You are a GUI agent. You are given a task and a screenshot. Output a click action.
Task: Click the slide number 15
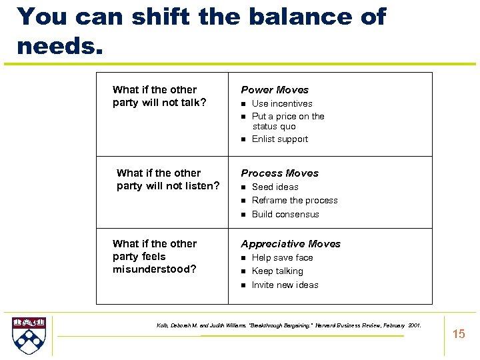459,334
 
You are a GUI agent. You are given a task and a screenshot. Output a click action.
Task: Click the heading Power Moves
275,89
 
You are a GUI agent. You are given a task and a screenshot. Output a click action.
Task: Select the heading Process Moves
279,173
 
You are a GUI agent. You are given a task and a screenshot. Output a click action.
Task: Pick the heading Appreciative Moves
290,244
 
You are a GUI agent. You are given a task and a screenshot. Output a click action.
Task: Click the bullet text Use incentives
281,103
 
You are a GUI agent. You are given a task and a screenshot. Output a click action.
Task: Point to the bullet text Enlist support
279,139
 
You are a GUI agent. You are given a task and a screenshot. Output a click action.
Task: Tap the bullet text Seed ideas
275,187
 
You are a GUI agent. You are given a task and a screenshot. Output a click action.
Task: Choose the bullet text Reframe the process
294,200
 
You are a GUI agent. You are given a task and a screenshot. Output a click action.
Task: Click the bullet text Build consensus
285,214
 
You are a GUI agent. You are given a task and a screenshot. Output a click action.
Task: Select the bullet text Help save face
282,257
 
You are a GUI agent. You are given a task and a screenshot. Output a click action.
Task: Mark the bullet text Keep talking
277,271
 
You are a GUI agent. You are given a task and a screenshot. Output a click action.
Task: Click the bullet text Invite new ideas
285,285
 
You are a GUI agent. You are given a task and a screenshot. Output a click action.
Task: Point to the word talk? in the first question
191,103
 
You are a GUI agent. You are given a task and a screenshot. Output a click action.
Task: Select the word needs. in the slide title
57,46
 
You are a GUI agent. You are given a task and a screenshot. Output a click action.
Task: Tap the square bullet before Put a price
244,117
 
